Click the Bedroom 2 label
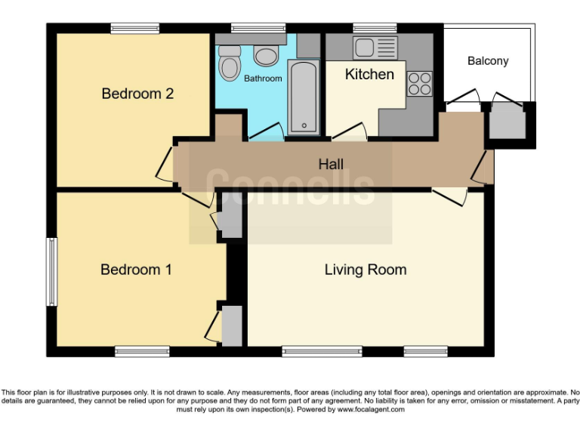point(137,94)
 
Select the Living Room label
point(366,270)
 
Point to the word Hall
point(331,164)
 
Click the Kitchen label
point(369,74)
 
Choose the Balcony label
point(487,61)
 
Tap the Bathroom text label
point(263,79)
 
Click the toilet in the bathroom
point(229,64)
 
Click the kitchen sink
point(375,47)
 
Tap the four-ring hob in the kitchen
point(420,83)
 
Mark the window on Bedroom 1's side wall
point(52,272)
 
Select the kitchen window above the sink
point(375,29)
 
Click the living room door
point(451,195)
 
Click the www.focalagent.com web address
point(371,410)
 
